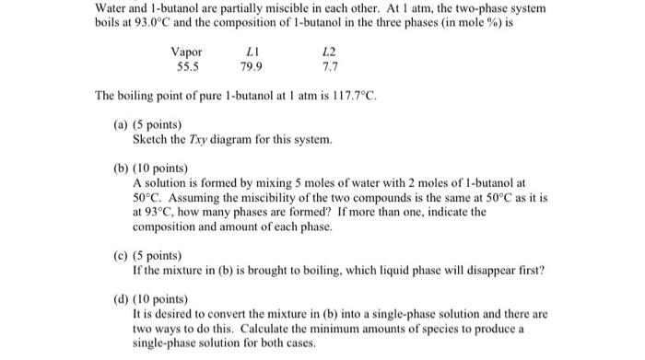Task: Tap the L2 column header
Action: tap(330, 52)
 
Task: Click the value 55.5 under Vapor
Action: tap(187, 67)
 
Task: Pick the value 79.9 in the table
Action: tap(251, 67)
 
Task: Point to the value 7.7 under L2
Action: tap(330, 67)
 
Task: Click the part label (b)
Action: tap(122, 169)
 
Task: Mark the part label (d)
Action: tap(122, 299)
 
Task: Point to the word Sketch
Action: tap(149, 139)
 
